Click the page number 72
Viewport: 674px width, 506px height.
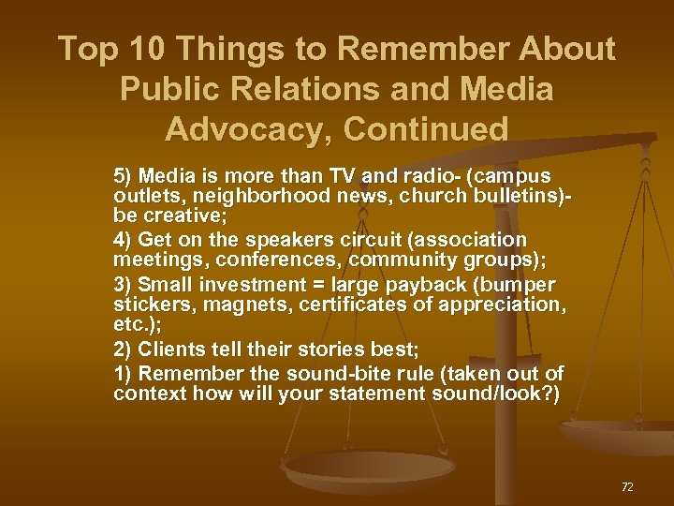tap(627, 486)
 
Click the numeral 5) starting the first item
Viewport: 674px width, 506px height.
tap(124, 176)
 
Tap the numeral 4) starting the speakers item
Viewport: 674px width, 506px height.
tap(124, 240)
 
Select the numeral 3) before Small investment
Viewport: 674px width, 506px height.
tap(124, 285)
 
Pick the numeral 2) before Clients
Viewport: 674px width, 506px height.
tap(124, 349)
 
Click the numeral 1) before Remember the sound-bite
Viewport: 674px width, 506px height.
tap(124, 374)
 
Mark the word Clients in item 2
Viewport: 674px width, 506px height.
tap(168, 349)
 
